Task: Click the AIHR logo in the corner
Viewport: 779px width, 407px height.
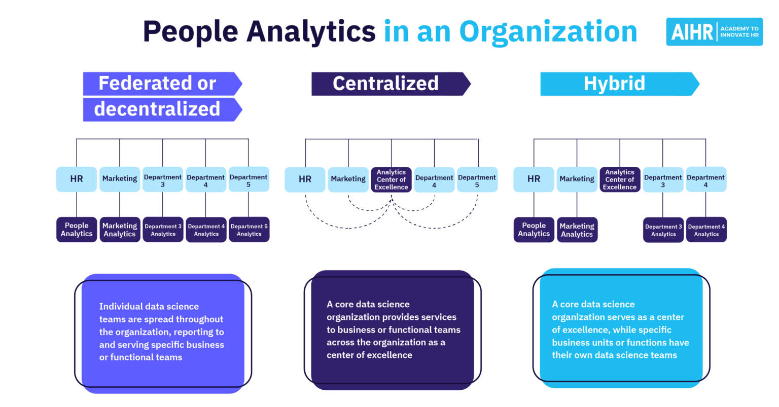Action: click(x=714, y=32)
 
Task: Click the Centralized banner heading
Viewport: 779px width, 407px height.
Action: click(x=385, y=84)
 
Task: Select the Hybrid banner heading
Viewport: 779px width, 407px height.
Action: click(x=614, y=84)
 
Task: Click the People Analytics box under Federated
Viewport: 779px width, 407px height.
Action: click(x=77, y=230)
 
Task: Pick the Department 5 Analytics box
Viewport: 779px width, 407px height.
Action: click(x=249, y=230)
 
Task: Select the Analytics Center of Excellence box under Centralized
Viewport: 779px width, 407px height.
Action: click(x=391, y=179)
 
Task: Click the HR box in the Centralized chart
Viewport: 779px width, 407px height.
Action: click(x=305, y=179)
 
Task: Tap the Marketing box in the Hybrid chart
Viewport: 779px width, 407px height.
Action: click(x=577, y=179)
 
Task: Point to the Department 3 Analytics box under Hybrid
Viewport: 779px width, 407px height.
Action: click(x=663, y=230)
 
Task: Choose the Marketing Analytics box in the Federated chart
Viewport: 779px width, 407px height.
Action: click(x=120, y=230)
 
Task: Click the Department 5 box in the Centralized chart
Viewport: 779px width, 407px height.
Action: click(x=477, y=180)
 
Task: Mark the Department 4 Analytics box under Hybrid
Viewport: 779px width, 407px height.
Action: click(x=706, y=230)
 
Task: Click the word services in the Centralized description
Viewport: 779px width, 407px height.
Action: click(x=437, y=317)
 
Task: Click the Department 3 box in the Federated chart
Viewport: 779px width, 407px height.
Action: click(x=163, y=180)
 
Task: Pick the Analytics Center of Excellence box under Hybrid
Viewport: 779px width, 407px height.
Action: click(x=620, y=179)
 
